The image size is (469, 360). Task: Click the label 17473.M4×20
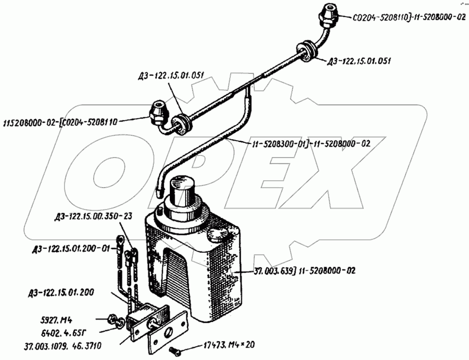coord(229,345)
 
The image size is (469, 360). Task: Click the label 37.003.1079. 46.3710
coord(63,346)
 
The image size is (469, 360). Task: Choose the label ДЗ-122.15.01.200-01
coord(70,248)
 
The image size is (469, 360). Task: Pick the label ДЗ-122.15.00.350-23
coord(93,216)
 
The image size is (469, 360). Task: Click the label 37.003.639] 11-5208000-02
coord(305,271)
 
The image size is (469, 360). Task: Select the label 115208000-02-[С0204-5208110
coord(61,122)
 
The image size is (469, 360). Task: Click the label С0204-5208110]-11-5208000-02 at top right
coord(409,18)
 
